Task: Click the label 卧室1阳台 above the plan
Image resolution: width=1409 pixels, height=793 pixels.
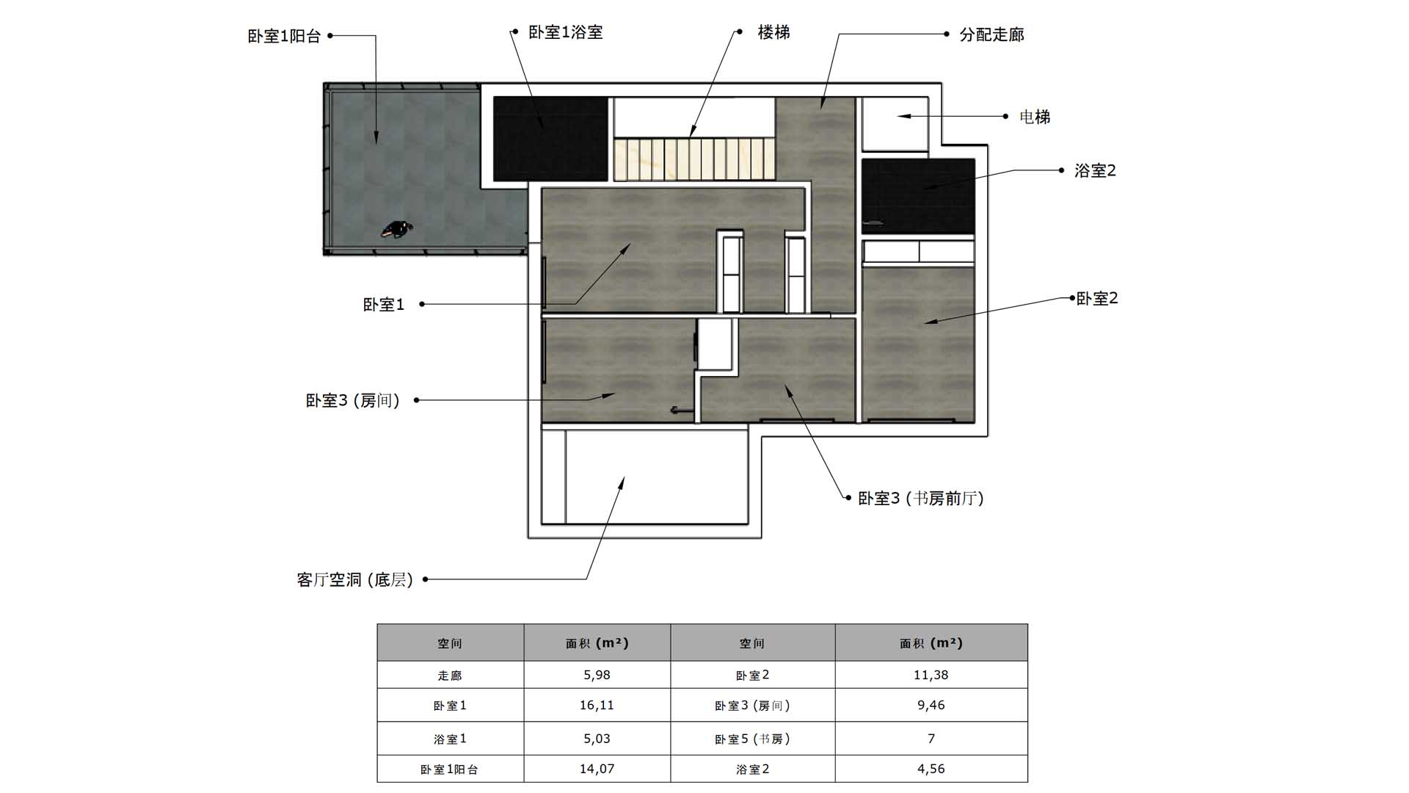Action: click(x=284, y=36)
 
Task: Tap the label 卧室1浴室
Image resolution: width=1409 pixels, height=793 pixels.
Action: click(x=565, y=32)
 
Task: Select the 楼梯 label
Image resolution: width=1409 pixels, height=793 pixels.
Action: click(x=773, y=32)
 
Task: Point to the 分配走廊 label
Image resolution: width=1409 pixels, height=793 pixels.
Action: click(x=991, y=35)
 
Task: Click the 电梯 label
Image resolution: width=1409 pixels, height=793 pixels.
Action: click(x=1035, y=117)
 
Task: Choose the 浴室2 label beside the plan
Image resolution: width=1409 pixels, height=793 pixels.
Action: click(x=1095, y=170)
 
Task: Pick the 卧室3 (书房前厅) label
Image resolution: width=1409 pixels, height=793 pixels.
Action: click(x=920, y=499)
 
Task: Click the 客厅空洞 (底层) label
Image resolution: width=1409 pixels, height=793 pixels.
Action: click(x=355, y=580)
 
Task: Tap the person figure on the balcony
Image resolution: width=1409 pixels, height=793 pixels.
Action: click(x=397, y=230)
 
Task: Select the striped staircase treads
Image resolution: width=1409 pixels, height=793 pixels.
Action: click(x=694, y=159)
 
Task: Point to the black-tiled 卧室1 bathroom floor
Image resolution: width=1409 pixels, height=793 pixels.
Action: click(x=550, y=139)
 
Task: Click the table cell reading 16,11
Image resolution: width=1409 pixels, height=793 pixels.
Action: click(x=597, y=705)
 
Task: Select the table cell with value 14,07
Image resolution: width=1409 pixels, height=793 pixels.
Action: click(x=597, y=769)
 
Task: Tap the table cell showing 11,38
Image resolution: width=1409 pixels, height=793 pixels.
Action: click(x=931, y=675)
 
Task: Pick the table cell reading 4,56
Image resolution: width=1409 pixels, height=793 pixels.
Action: click(x=931, y=769)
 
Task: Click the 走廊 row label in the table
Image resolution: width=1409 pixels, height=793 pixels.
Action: click(x=450, y=676)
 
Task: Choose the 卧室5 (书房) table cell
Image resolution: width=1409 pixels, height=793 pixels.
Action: click(x=752, y=739)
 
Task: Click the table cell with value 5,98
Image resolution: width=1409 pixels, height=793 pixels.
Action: click(x=597, y=675)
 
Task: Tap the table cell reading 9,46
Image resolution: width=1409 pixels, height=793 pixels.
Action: click(x=931, y=705)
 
